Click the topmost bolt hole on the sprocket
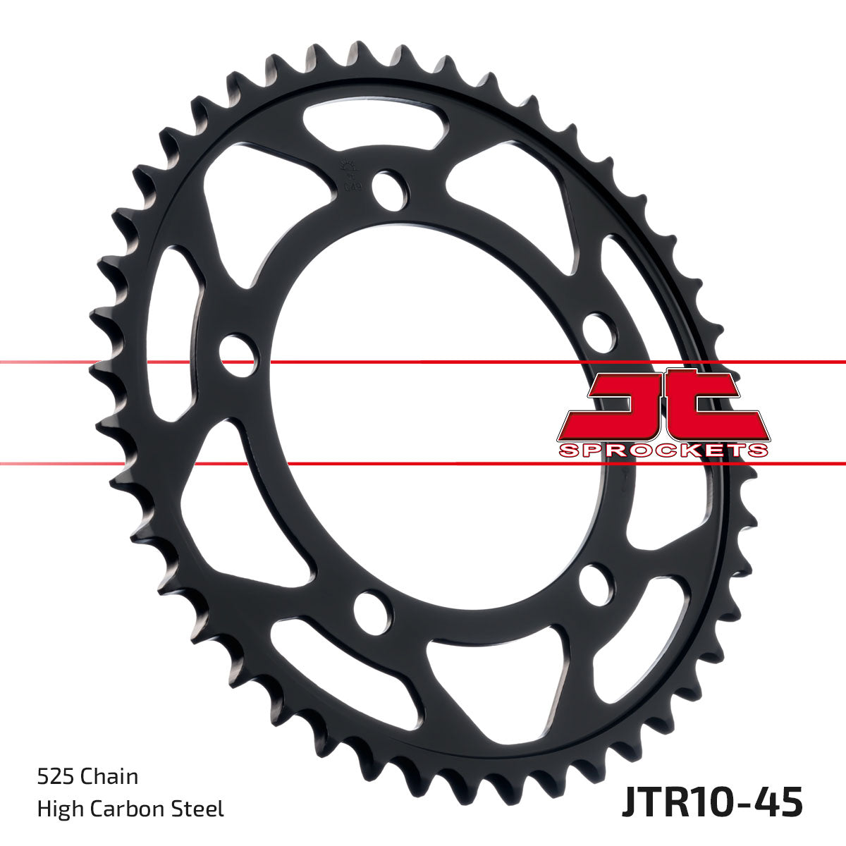pos(388,188)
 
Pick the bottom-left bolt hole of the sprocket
pos(372,610)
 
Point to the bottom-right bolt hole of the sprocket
pos(596,583)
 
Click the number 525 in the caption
pos(56,777)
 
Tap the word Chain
pos(109,777)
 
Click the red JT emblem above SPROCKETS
pos(663,405)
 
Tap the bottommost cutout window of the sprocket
pos(493,677)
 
